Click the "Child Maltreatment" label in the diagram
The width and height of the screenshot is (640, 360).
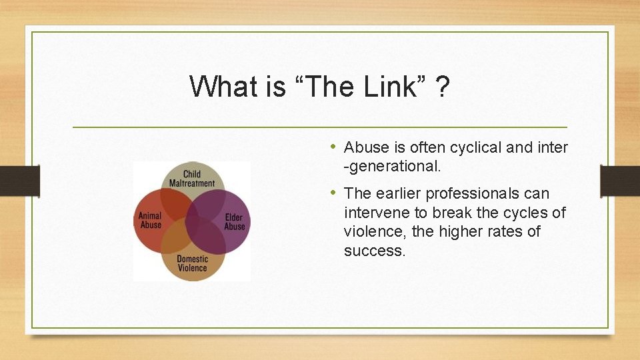click(x=192, y=179)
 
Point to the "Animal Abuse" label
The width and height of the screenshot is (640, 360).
click(x=151, y=220)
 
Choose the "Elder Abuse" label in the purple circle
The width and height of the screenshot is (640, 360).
click(x=234, y=222)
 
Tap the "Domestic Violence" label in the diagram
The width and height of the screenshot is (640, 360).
click(x=192, y=263)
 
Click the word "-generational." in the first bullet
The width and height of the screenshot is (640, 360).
click(x=392, y=167)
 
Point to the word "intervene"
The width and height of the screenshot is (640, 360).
click(x=375, y=213)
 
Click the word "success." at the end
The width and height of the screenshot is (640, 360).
click(x=375, y=251)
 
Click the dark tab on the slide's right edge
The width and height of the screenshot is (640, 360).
click(x=619, y=181)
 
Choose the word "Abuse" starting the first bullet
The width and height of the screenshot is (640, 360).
click(x=365, y=147)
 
